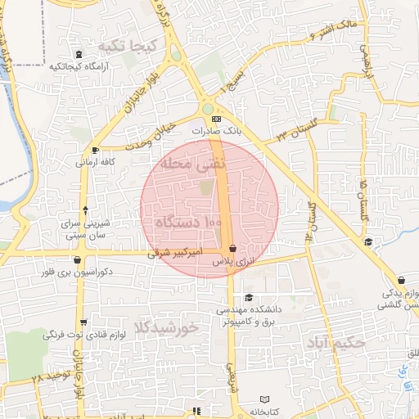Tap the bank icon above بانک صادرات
pos(215,119)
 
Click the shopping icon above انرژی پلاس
pos(233,248)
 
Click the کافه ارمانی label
pos(95,162)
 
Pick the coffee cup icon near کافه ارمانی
pos(97,150)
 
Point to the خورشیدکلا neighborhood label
pos(170,327)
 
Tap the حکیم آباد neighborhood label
pos(332,342)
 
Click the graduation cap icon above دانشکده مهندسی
pos(249,298)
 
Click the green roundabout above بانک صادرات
pos(208,108)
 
